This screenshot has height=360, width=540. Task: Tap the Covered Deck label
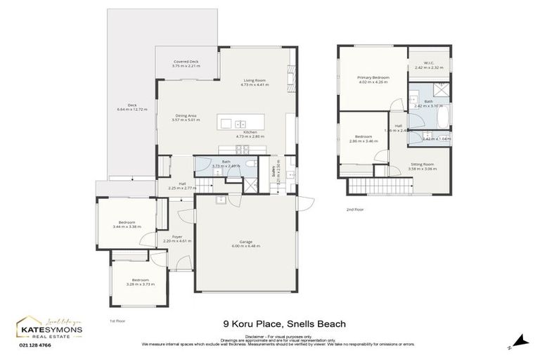(186, 62)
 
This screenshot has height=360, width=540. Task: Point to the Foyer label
(177, 237)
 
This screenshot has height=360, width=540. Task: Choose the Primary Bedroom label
(373, 77)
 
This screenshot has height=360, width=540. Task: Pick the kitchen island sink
(240, 122)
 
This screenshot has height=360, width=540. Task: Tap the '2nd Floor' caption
(356, 210)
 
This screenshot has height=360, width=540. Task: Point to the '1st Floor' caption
(117, 321)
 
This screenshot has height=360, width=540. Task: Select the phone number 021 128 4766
(34, 344)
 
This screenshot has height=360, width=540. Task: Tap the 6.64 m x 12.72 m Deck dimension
(132, 110)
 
